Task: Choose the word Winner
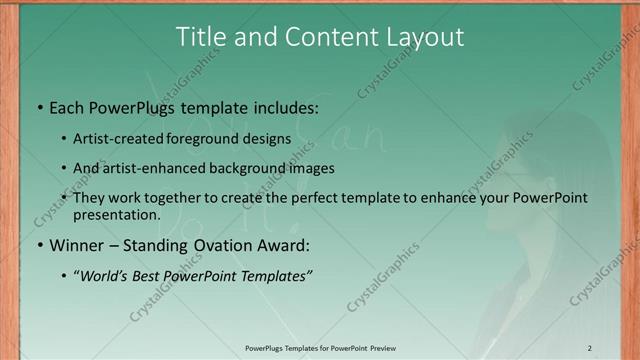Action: coord(76,245)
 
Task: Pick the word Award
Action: coord(285,245)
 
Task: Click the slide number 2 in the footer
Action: coord(589,348)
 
